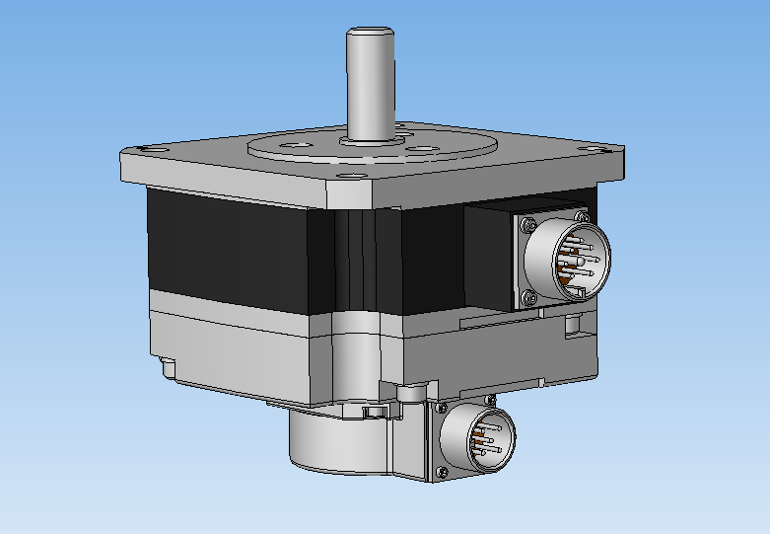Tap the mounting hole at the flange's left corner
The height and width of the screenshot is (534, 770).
[152, 147]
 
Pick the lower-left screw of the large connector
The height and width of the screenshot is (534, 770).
[529, 295]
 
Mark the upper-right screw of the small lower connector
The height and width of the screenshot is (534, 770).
[490, 398]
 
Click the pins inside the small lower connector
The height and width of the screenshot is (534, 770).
[485, 441]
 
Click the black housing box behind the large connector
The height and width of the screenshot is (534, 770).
[488, 257]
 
